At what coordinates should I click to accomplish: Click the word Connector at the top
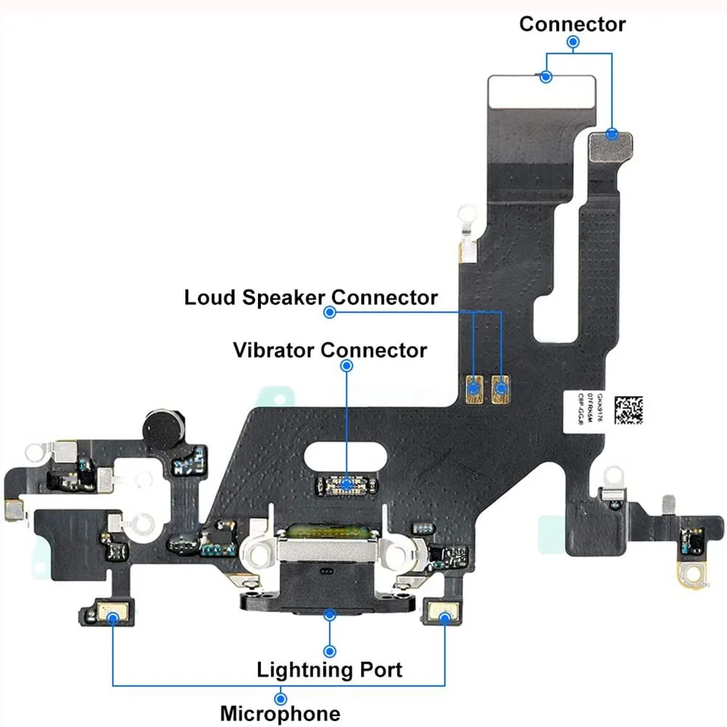point(572,24)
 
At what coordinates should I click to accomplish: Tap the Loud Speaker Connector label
point(310,297)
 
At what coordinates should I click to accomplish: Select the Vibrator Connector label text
point(330,350)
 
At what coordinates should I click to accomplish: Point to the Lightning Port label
point(329,670)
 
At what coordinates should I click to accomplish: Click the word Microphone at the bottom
point(280,713)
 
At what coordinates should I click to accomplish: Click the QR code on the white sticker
point(628,410)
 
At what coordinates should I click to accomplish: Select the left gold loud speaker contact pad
point(476,388)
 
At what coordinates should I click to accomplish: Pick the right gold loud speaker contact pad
point(500,388)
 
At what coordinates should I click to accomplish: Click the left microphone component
point(113,616)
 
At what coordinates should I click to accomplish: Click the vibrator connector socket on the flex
point(347,483)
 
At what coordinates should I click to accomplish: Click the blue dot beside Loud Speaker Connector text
point(329,313)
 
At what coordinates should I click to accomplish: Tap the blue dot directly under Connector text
point(573,43)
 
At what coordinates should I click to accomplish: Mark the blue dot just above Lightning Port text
point(331,650)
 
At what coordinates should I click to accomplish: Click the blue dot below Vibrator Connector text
point(347,367)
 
